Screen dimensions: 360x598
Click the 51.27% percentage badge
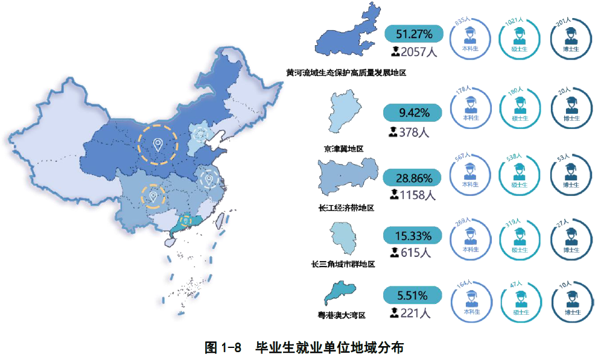click(x=414, y=34)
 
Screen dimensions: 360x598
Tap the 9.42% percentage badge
click(x=414, y=113)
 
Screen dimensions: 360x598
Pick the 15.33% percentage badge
click(x=414, y=236)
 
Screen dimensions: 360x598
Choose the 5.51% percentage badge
click(x=414, y=295)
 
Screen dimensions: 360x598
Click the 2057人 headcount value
click(x=415, y=51)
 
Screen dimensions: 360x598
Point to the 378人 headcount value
click(x=410, y=131)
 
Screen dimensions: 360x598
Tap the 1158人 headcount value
click(x=414, y=194)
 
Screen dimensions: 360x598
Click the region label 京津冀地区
click(x=344, y=148)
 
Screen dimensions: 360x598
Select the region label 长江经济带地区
click(x=346, y=208)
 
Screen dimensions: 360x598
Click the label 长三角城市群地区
click(x=343, y=264)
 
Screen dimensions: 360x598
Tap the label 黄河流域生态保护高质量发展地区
click(x=346, y=73)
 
